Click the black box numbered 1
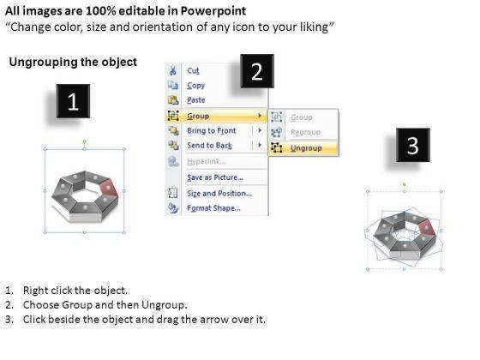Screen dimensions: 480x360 coord(73,101)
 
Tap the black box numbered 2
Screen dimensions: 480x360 coord(257,71)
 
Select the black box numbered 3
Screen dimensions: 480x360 coord(413,145)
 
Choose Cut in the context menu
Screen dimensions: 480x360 coord(193,70)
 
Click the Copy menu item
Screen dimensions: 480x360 coord(196,86)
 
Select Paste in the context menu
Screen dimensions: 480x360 coord(196,100)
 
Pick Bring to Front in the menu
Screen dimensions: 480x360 coord(212,130)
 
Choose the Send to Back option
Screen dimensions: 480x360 coord(210,146)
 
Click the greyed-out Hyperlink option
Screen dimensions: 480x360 coord(207,161)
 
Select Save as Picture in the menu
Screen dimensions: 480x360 coord(215,177)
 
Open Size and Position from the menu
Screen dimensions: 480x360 coord(219,194)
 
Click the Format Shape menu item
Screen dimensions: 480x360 coord(213,208)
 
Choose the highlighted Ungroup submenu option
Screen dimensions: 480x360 coord(306,148)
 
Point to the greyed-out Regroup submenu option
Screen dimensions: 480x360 coord(305,132)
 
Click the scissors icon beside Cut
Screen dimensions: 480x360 coord(173,70)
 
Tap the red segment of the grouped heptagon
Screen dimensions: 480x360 coord(109,189)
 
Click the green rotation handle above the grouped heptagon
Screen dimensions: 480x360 coord(85,141)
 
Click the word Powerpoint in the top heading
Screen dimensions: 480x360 coord(213,11)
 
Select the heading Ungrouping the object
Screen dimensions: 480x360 coord(73,62)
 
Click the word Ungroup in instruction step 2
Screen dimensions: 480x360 coord(163,305)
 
